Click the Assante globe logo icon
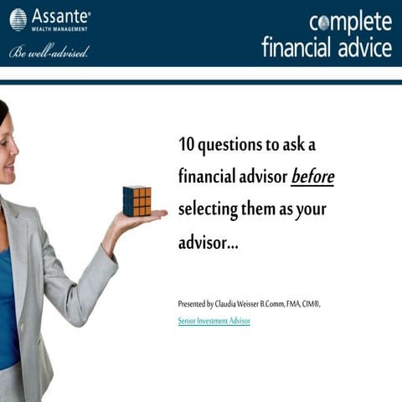pyautogui.click(x=18, y=19)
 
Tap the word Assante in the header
pyautogui.click(x=59, y=16)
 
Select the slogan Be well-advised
pyautogui.click(x=49, y=52)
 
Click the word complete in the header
pyautogui.click(x=349, y=22)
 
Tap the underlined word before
pyautogui.click(x=312, y=177)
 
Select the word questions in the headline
pyautogui.click(x=230, y=145)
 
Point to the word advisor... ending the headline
pyautogui.click(x=209, y=243)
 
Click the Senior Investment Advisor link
pyautogui.click(x=214, y=321)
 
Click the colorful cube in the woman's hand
pyautogui.click(x=137, y=201)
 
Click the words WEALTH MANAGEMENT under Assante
pyautogui.click(x=61, y=29)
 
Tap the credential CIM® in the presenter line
pyautogui.click(x=310, y=304)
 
